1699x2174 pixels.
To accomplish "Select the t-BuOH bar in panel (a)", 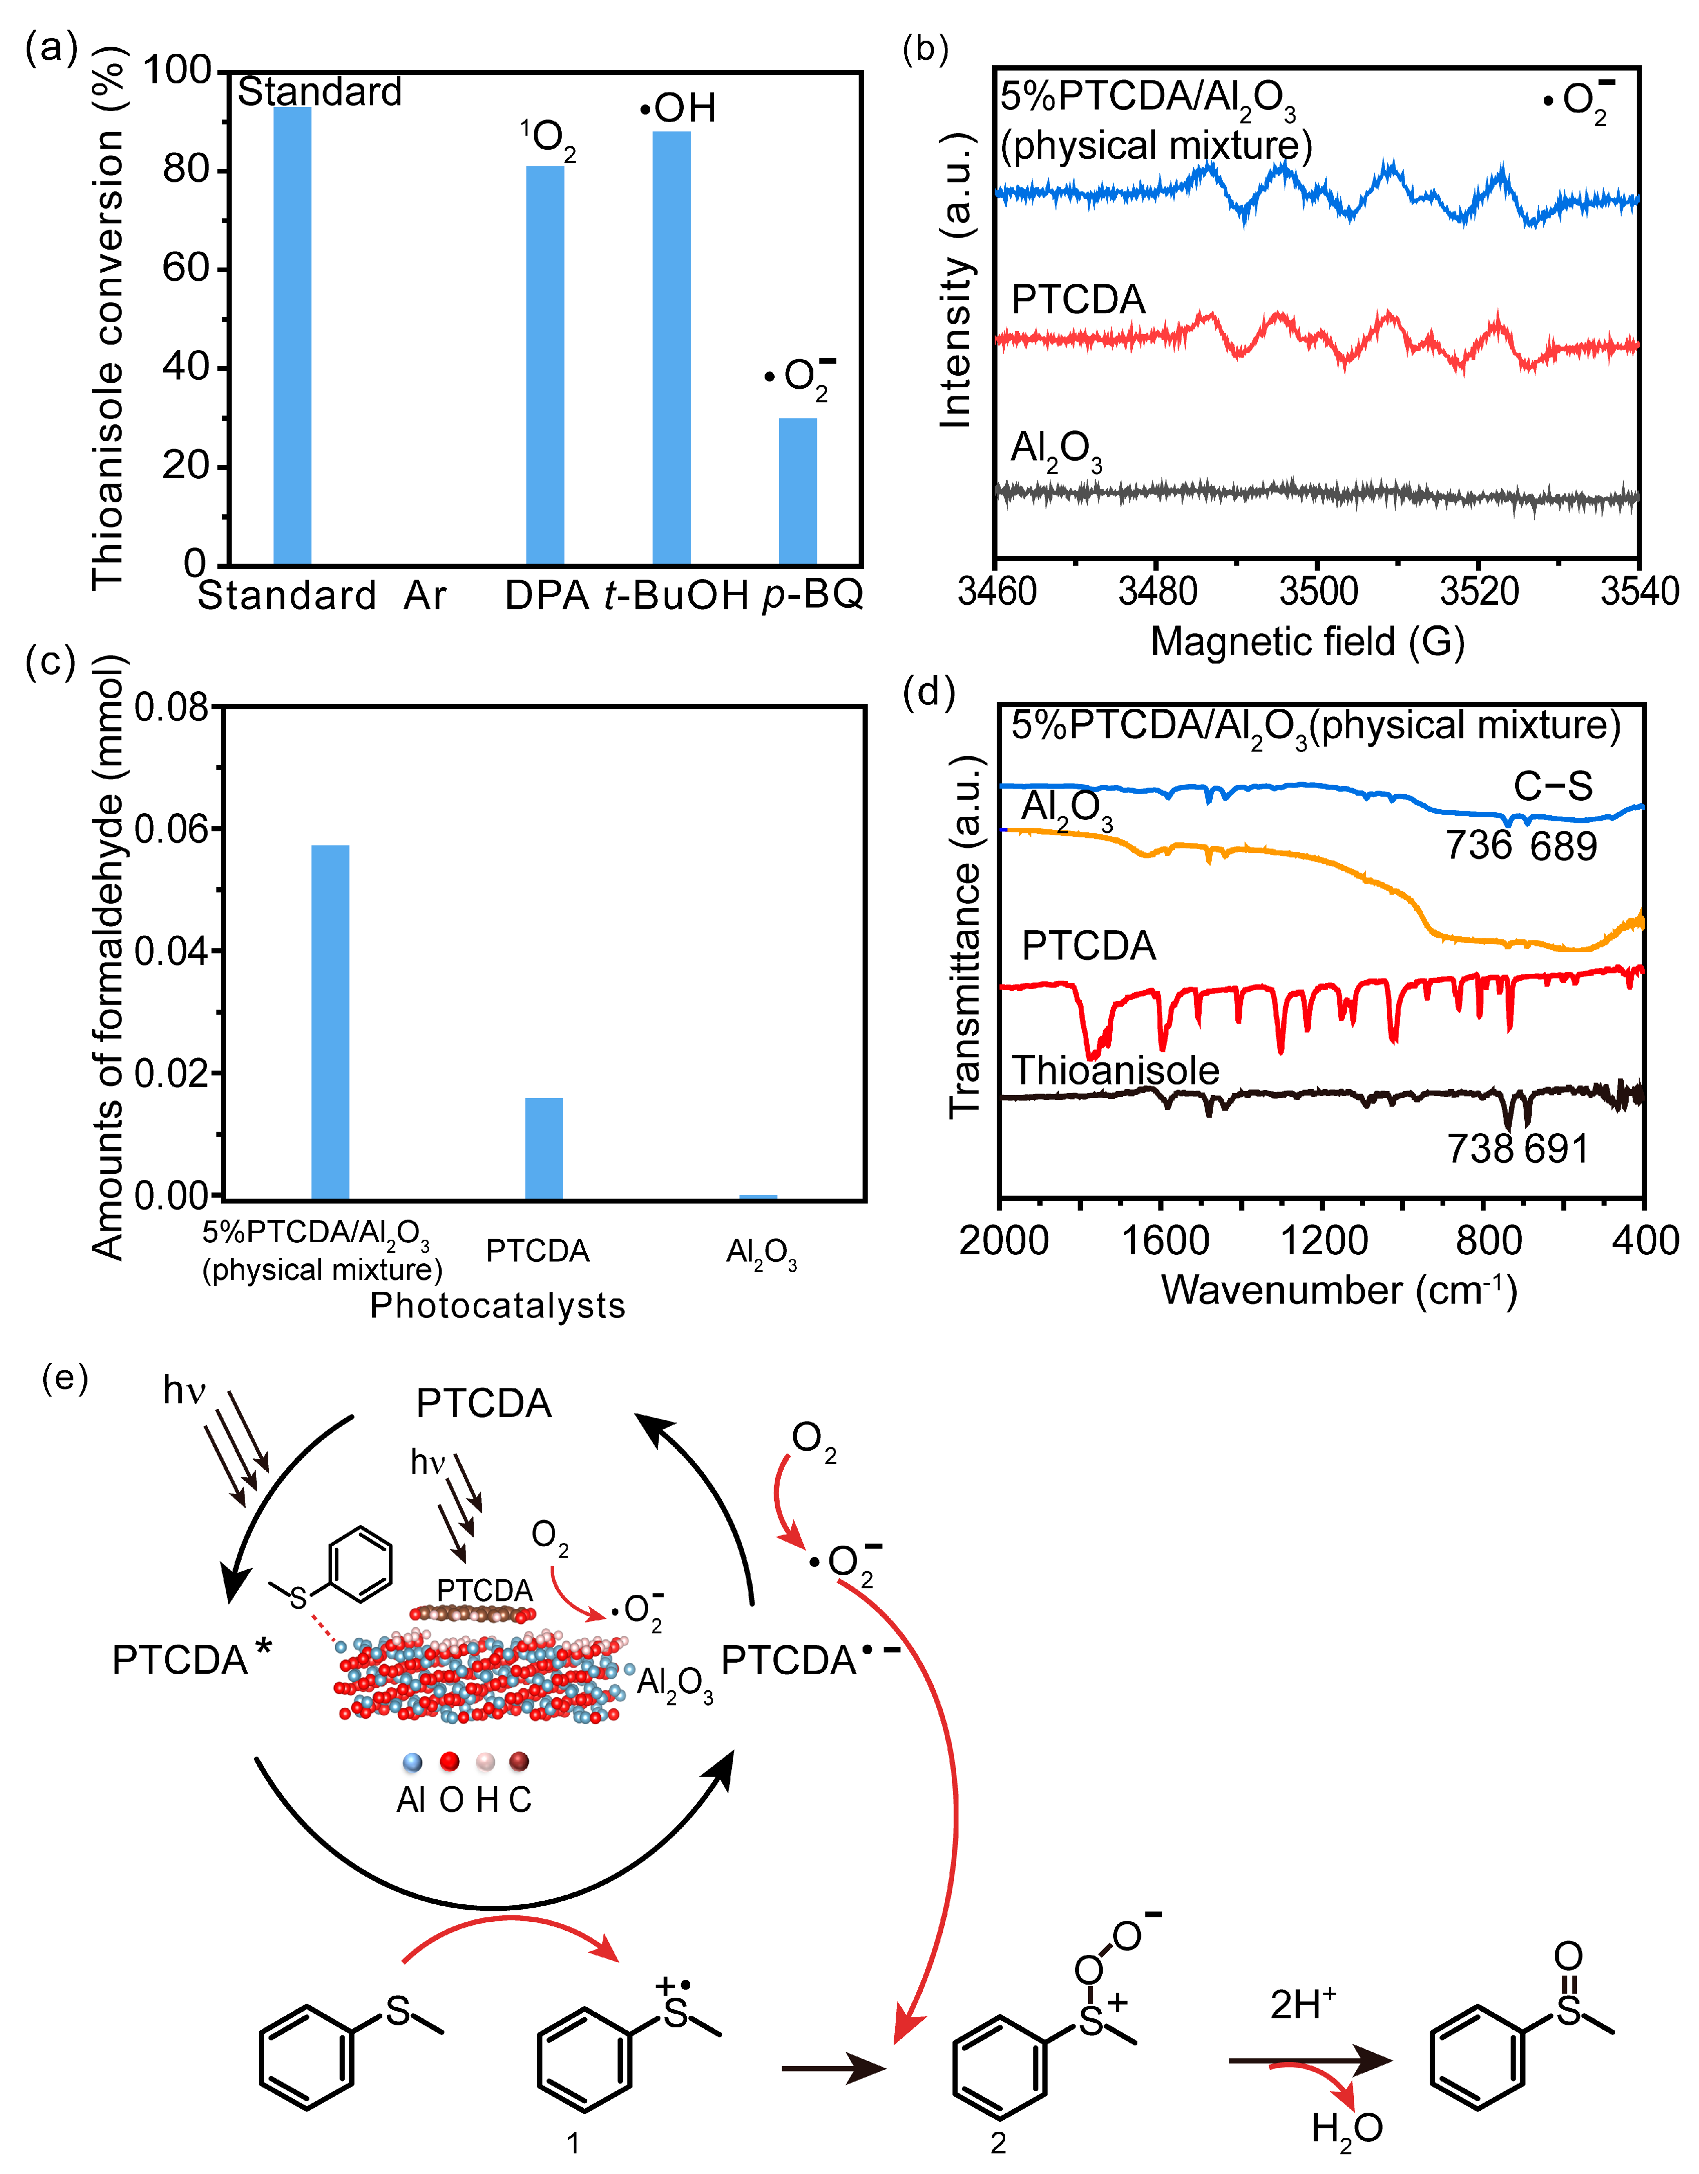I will pyautogui.click(x=671, y=349).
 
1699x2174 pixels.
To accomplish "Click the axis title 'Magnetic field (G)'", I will pyautogui.click(x=1307, y=642).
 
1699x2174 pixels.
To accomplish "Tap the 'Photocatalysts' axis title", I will pyautogui.click(x=498, y=1305).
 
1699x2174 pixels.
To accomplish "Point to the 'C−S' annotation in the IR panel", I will pyautogui.click(x=1553, y=787).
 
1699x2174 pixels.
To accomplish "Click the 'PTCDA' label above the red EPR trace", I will pyautogui.click(x=1078, y=299).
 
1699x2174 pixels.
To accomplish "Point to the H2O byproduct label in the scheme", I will pyautogui.click(x=1346, y=2129).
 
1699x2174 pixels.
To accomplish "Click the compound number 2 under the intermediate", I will pyautogui.click(x=997, y=2143).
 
